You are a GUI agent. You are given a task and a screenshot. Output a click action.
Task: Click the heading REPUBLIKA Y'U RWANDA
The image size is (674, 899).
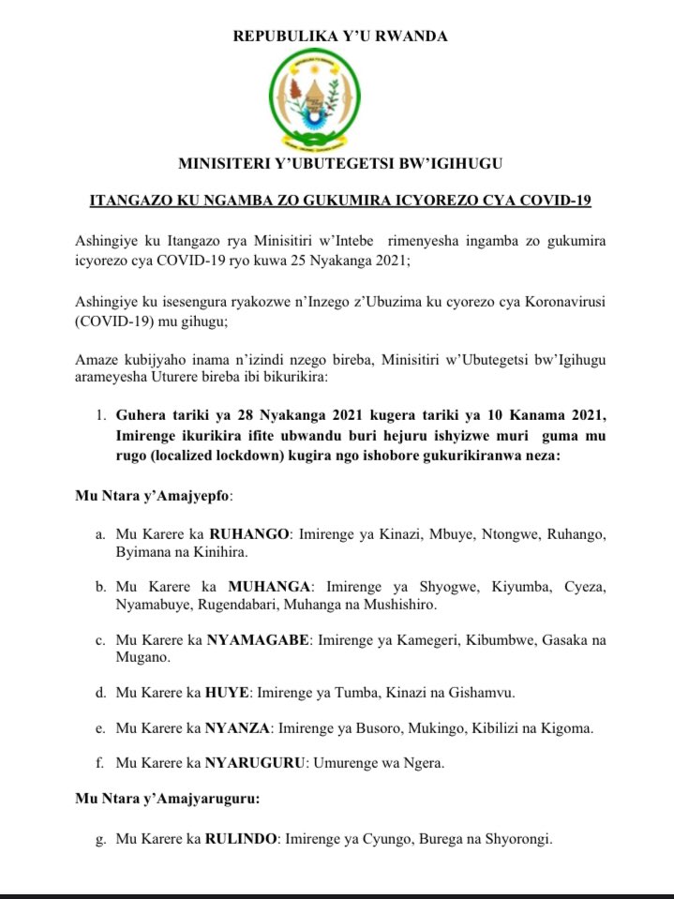point(340,37)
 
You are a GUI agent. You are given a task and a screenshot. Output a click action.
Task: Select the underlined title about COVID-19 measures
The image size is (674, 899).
point(340,200)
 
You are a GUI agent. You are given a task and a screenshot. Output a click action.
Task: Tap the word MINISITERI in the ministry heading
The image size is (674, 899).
point(222,164)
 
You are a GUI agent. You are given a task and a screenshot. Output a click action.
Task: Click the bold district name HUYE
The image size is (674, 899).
point(230,693)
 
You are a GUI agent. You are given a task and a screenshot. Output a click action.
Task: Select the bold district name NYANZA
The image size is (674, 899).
point(238,728)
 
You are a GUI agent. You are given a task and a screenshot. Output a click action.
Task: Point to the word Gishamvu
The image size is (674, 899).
point(482,693)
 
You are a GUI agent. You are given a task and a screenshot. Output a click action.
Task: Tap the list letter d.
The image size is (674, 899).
point(100,693)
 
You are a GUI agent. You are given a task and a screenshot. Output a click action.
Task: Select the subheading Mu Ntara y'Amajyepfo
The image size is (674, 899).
point(154,494)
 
